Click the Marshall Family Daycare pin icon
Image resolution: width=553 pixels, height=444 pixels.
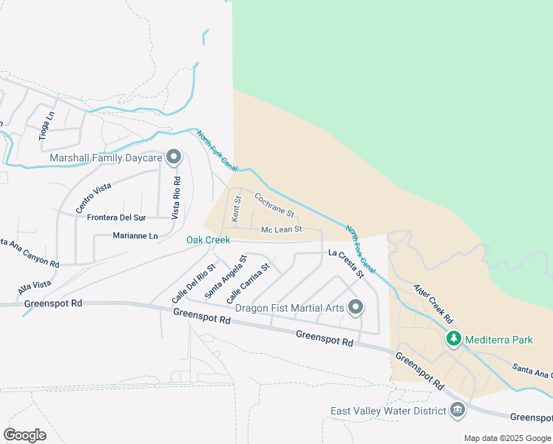tap(174, 157)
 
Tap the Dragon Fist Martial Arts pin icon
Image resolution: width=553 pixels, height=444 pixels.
tap(356, 306)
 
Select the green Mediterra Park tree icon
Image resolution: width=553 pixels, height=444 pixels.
tap(453, 340)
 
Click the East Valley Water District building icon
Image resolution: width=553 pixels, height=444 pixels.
tap(457, 410)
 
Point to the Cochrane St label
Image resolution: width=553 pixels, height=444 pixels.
tap(274, 206)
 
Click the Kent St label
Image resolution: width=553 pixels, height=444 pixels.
tap(237, 209)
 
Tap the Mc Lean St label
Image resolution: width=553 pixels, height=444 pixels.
tap(282, 229)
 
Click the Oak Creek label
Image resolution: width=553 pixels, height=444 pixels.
tap(208, 240)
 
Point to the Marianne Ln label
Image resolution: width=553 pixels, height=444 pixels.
tap(135, 236)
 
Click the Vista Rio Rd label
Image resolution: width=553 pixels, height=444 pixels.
tap(176, 198)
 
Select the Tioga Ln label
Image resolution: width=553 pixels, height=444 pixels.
tap(47, 126)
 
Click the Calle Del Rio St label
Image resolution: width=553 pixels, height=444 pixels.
tap(193, 283)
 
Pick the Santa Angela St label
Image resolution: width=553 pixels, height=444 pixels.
tap(225, 277)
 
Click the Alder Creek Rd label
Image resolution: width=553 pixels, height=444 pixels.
tap(432, 303)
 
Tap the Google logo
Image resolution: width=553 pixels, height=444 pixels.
tap(24, 435)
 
